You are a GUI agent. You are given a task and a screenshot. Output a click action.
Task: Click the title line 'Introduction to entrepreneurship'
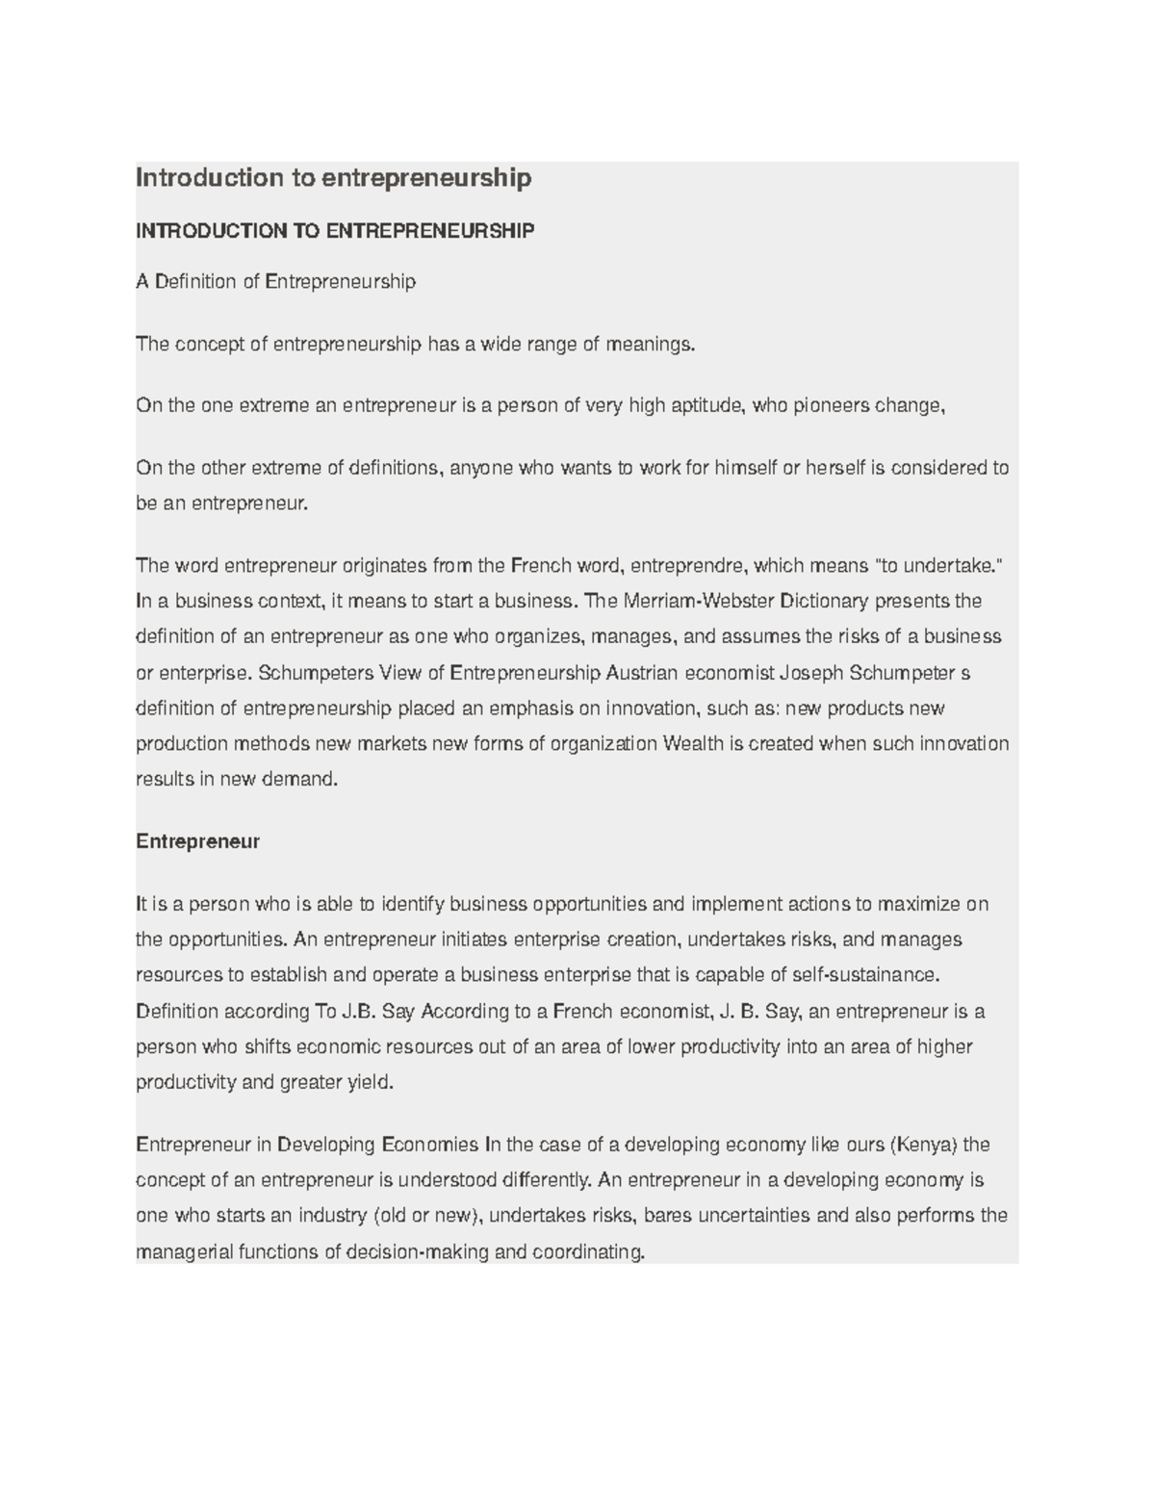[333, 178]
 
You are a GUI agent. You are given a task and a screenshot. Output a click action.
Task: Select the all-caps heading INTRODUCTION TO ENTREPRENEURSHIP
[334, 231]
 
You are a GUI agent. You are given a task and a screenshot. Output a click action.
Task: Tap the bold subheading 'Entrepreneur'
[197, 841]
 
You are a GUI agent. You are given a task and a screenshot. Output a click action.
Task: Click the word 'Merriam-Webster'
[701, 602]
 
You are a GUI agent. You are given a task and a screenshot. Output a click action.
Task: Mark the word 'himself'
[743, 468]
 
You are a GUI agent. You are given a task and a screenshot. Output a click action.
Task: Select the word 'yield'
[371, 1082]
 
